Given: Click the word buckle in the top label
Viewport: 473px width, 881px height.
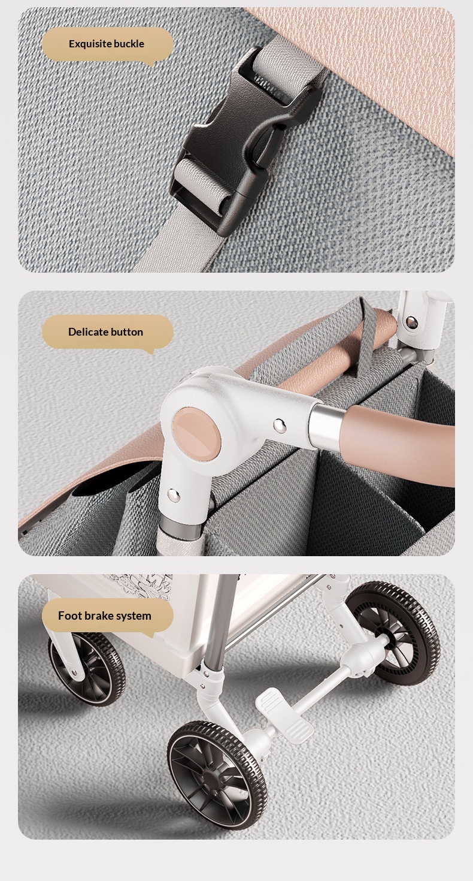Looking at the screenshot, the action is [129, 44].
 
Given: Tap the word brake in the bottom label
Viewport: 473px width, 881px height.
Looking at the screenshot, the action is [95, 616].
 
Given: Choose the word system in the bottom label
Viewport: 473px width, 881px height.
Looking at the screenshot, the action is [132, 616].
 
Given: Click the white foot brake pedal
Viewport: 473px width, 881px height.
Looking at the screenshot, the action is [284, 716].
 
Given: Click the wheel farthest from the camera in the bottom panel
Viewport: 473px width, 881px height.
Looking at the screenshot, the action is [393, 633].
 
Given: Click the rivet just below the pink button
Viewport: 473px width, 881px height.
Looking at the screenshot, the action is [173, 494].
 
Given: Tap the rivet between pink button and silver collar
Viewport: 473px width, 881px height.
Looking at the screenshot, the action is [280, 425].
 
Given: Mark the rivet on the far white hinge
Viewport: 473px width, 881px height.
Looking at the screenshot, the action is [411, 322].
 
